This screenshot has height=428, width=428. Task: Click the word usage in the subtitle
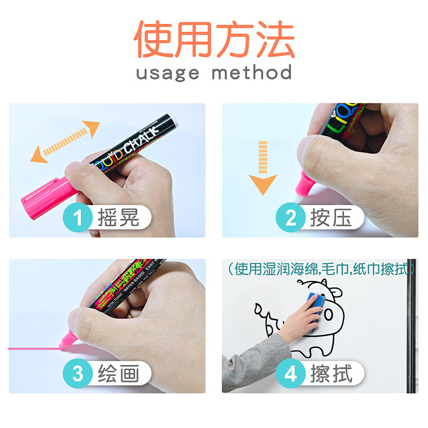pyautogui.click(x=167, y=72)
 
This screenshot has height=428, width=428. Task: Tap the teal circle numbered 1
pyautogui.click(x=78, y=218)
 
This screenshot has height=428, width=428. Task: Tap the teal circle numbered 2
pyautogui.click(x=291, y=218)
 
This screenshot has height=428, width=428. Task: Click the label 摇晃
pyautogui.click(x=119, y=218)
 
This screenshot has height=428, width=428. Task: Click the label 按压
pyautogui.click(x=332, y=218)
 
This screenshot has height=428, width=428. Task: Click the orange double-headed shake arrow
pyautogui.click(x=65, y=141)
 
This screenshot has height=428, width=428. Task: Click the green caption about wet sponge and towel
pyautogui.click(x=321, y=269)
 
